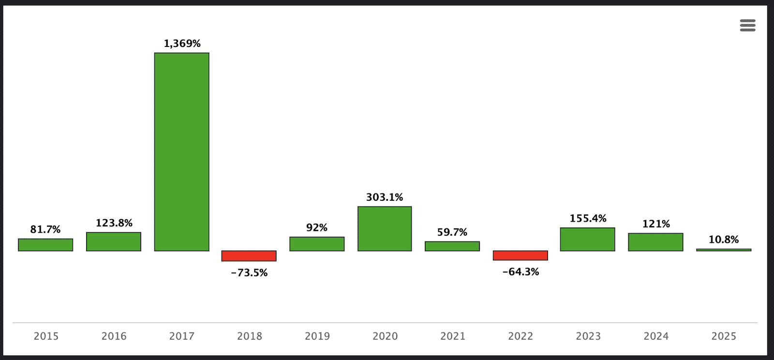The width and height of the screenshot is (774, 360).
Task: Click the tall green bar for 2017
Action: point(181,151)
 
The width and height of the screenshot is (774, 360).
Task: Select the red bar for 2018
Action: point(249,255)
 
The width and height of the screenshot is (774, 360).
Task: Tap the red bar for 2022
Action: point(520,255)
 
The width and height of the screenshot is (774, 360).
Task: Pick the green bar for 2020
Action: point(385,228)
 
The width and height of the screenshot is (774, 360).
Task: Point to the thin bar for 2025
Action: point(724,250)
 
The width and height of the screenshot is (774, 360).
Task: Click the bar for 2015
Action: point(45,245)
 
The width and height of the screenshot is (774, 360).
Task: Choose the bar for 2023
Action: point(588,239)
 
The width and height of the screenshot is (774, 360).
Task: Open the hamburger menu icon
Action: point(747,26)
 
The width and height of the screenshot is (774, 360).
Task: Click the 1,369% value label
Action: point(182,44)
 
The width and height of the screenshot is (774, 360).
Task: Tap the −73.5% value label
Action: point(249,273)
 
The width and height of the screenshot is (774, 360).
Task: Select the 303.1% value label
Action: point(385,197)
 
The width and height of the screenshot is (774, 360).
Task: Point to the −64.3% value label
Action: point(521,272)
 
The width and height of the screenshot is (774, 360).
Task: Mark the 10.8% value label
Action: point(724,240)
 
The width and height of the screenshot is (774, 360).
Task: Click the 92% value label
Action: point(317,227)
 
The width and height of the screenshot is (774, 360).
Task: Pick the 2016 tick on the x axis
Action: point(114,336)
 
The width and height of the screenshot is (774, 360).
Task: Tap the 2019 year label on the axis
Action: point(317,336)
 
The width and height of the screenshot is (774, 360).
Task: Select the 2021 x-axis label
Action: point(452,336)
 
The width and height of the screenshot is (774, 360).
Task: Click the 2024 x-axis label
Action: point(656,336)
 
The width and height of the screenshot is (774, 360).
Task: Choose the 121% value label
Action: point(656,224)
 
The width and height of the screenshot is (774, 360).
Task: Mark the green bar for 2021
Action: point(452,246)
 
